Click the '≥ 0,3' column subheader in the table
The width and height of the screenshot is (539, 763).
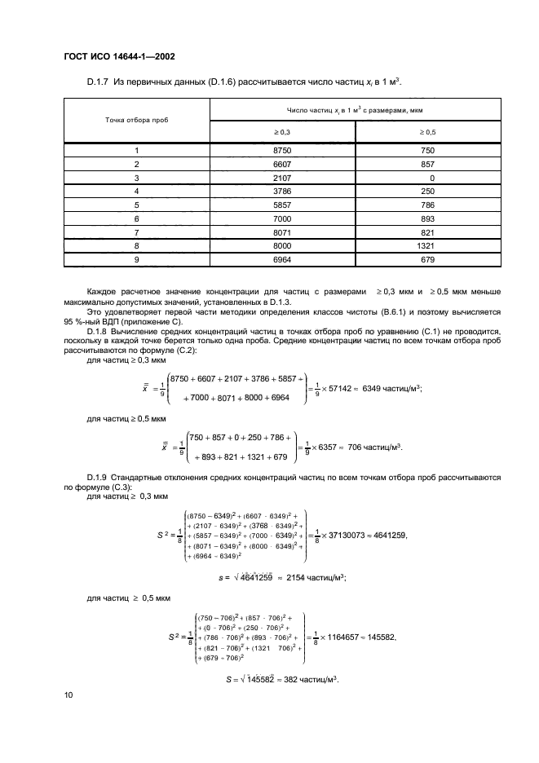click(282, 132)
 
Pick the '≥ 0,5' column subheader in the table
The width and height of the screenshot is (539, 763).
click(427, 132)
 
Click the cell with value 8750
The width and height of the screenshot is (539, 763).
click(282, 151)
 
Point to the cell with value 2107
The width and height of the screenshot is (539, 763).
click(282, 177)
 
